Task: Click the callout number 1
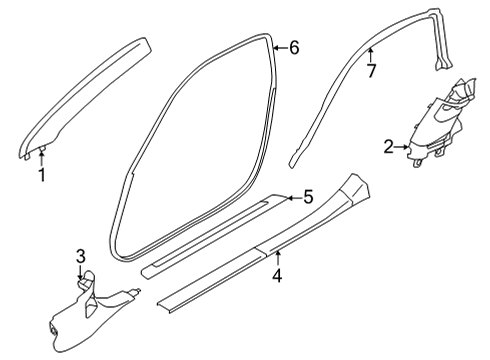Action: coord(42,176)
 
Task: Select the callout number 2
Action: coord(389,147)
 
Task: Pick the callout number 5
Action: coord(309,198)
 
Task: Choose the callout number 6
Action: coord(294,47)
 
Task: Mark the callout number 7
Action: coord(370,70)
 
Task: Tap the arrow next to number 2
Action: coord(404,147)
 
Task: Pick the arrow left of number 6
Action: coord(279,47)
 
